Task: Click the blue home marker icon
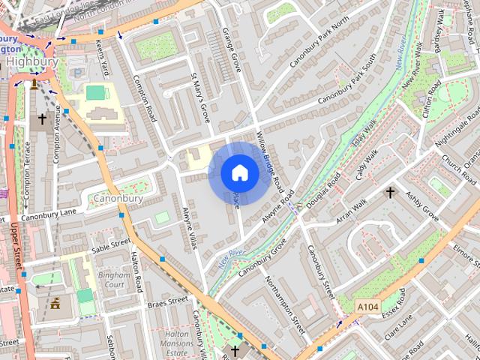point(239,172)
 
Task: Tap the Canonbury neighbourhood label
point(118,199)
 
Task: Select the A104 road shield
point(367,307)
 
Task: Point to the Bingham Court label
point(115,280)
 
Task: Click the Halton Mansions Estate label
point(177,343)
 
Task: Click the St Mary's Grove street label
point(201,98)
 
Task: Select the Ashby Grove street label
point(421,205)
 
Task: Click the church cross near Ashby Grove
point(389,193)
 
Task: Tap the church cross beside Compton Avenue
point(42,118)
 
